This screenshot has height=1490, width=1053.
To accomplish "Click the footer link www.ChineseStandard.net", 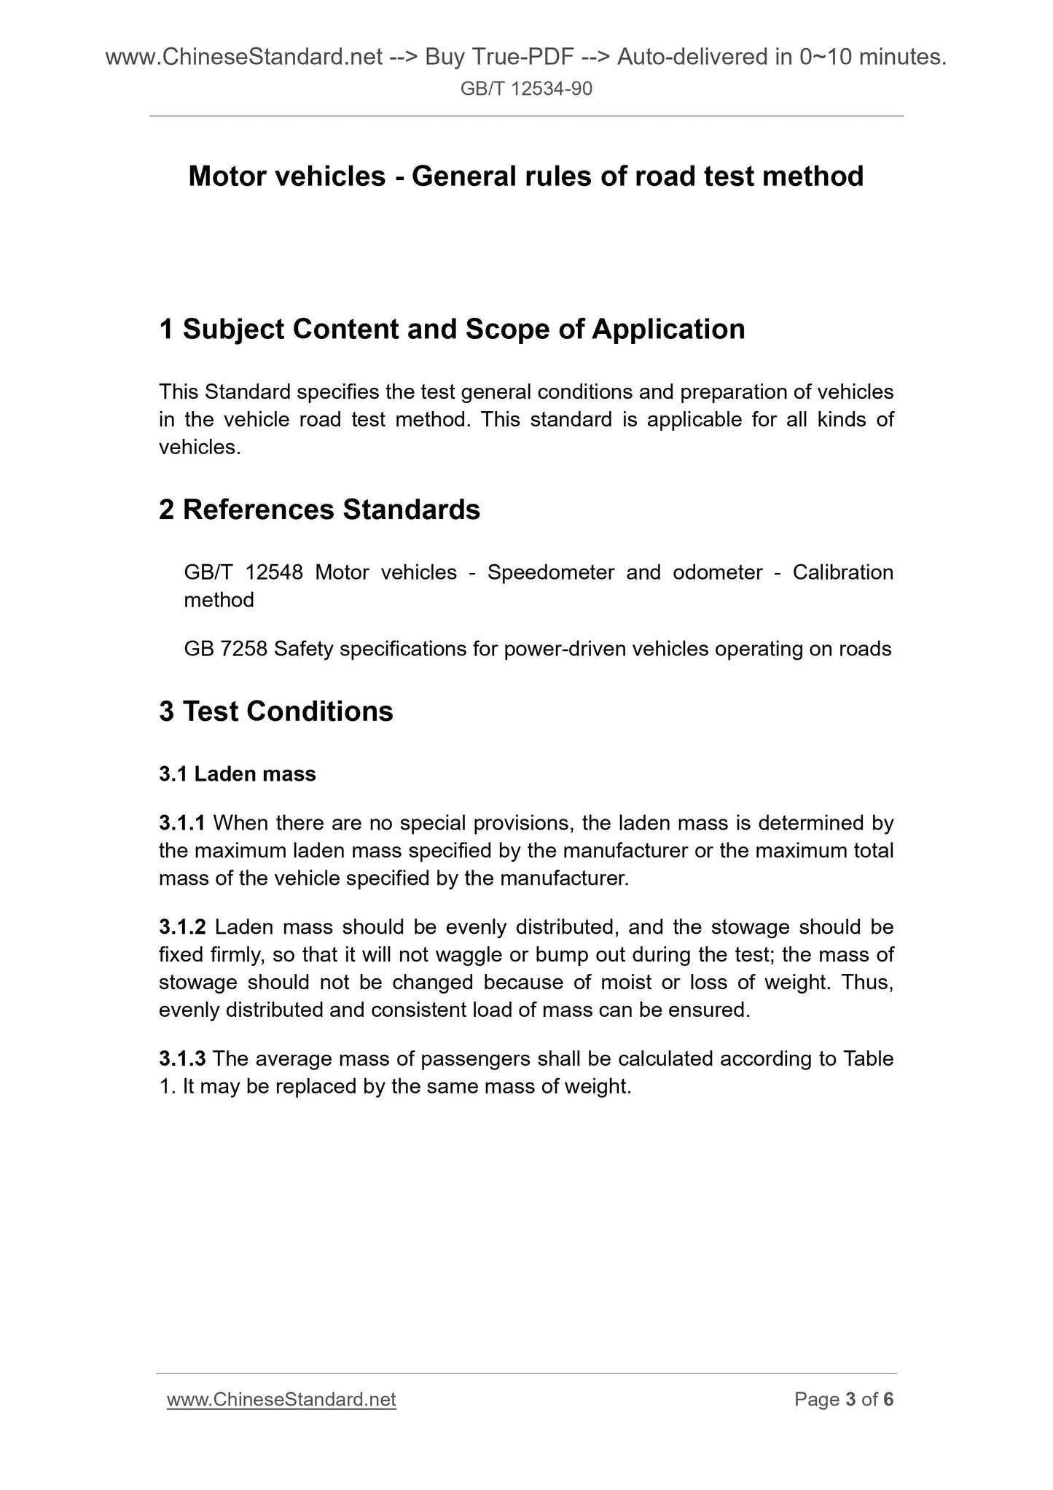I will pyautogui.click(x=281, y=1400).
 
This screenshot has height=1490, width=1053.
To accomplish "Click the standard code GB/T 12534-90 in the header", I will pyautogui.click(x=526, y=89).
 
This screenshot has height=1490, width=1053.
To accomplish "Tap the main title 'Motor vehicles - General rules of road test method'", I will pyautogui.click(x=526, y=176).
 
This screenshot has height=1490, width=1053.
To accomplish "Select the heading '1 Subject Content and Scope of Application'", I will pyautogui.click(x=452, y=329).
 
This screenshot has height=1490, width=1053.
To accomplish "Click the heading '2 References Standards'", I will pyautogui.click(x=319, y=510).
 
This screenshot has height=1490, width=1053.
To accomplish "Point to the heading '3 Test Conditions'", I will pyautogui.click(x=276, y=711).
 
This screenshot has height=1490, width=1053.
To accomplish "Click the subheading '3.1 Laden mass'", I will pyautogui.click(x=238, y=774).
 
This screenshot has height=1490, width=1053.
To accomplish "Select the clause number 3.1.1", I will pyautogui.click(x=182, y=823).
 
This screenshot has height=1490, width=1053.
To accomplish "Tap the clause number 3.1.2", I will pyautogui.click(x=182, y=927).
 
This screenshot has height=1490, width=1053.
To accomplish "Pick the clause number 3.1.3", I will pyautogui.click(x=182, y=1058).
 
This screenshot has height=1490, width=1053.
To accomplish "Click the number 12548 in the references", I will pyautogui.click(x=274, y=572).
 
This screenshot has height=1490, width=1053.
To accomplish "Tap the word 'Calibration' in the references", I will pyautogui.click(x=843, y=572).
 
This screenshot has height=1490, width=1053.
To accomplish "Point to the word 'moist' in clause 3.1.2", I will pyautogui.click(x=626, y=983).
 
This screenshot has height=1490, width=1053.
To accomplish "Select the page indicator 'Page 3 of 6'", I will pyautogui.click(x=844, y=1400).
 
